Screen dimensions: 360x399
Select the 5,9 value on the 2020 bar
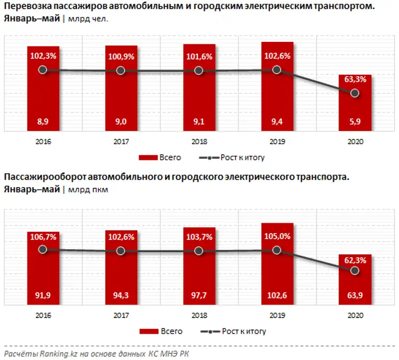point(355,121)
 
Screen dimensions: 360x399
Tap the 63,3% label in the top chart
point(355,79)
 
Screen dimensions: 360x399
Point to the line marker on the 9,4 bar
point(277,70)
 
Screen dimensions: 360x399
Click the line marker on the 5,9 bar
point(355,93)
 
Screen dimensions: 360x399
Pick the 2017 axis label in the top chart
point(121,141)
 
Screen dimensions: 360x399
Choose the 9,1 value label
point(199,121)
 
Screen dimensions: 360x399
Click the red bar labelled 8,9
point(43,100)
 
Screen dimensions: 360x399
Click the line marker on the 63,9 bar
point(355,270)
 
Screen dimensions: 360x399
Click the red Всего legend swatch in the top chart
point(148,157)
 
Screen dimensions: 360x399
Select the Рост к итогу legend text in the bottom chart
point(243,331)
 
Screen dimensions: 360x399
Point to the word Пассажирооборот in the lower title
point(38,177)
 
